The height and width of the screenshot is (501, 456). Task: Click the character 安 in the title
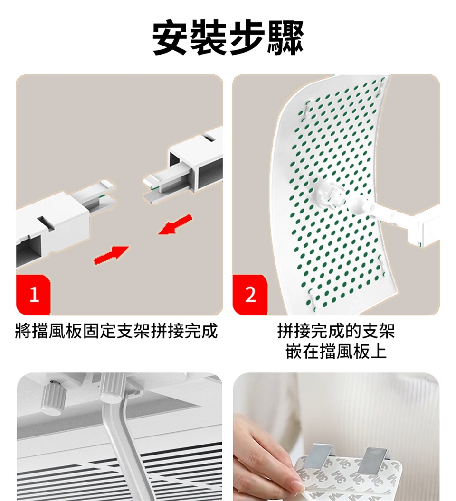(170, 37)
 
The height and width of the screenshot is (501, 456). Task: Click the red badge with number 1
(33, 295)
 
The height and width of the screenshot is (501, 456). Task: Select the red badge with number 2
(250, 295)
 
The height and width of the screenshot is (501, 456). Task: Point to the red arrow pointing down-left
(175, 224)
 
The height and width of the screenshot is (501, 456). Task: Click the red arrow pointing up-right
(111, 255)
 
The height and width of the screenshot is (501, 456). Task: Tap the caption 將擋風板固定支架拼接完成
(116, 331)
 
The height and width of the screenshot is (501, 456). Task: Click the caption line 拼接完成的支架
(336, 331)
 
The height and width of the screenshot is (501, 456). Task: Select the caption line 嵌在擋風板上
(336, 351)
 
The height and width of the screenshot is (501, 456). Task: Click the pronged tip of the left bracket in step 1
(105, 195)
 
